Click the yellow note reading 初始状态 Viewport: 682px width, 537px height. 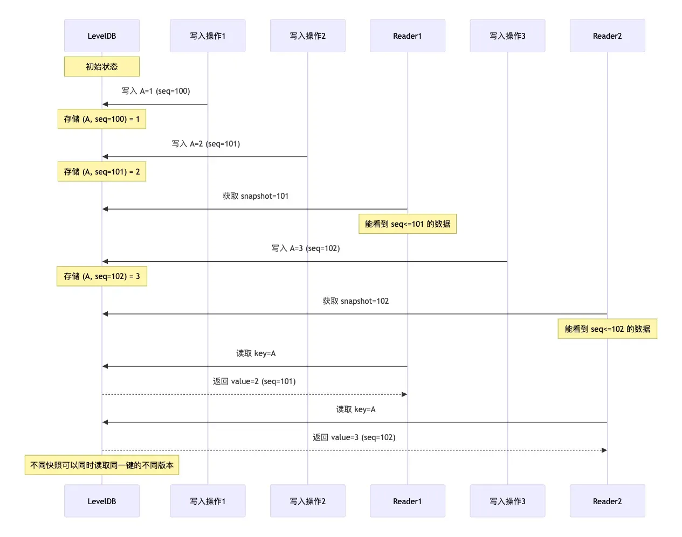101,67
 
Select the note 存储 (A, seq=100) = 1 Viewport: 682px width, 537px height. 101,119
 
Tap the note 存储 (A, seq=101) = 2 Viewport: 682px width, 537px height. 101,172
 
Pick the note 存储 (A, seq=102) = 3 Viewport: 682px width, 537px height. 101,276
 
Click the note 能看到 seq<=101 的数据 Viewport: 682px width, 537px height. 407,224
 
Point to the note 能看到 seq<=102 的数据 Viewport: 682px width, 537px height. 607,329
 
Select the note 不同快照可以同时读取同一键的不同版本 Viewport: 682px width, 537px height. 101,465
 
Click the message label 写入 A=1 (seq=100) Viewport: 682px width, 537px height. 155,91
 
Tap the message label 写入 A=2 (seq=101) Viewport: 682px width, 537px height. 205,144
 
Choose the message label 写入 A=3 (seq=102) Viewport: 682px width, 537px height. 305,248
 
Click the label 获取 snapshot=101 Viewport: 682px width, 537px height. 255,196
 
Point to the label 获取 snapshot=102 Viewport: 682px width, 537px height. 355,301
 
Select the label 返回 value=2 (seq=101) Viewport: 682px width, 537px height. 254,381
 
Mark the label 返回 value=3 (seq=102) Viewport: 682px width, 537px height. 354,437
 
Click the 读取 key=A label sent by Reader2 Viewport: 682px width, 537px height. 355,409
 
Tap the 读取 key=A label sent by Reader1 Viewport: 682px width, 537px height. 256,353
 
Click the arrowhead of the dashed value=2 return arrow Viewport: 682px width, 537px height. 404,394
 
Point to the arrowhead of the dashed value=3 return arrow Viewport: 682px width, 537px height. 604,450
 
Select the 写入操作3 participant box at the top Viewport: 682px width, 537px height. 507,36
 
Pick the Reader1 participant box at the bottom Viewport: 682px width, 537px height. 407,501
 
